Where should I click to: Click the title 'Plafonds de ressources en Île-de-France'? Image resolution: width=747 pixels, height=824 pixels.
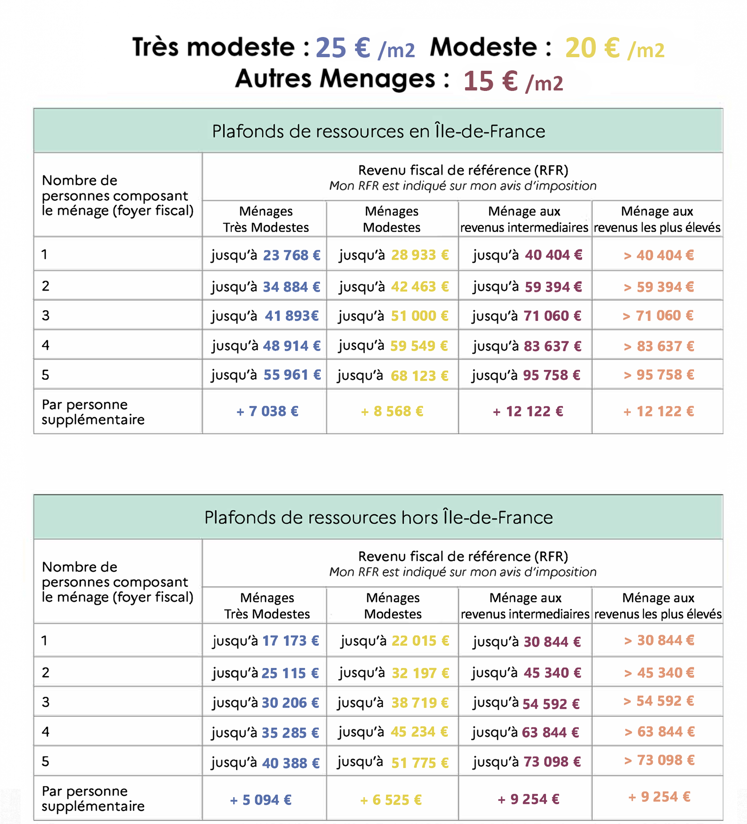pos(378,131)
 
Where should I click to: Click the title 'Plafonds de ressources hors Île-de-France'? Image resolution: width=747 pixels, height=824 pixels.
pos(378,517)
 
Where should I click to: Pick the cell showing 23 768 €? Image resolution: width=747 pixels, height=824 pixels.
pos(291,255)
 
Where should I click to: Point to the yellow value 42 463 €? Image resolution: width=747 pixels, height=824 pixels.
pos(420,286)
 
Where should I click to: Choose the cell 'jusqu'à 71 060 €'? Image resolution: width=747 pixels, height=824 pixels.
pos(526,316)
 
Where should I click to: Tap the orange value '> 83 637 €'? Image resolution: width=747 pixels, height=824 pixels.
pos(658,346)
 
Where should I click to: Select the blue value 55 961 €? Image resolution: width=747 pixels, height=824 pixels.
pos(292,375)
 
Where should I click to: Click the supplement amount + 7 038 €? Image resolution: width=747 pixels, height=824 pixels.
pos(267,412)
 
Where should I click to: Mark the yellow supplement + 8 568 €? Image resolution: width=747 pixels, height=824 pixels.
pos(392,412)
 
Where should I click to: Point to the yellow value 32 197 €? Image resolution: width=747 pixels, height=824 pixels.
pos(420,673)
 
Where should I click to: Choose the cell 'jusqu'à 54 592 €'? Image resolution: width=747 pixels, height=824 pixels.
pos(526,703)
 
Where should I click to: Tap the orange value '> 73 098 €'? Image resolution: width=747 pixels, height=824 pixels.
pos(659,760)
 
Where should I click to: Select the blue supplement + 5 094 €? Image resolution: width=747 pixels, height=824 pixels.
pos(261,800)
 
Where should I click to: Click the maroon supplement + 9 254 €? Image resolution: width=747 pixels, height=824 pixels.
pos(528,799)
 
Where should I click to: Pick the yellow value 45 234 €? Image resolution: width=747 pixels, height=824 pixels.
pos(420,732)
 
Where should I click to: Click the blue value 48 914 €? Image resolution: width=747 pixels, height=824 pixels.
pos(291,346)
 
